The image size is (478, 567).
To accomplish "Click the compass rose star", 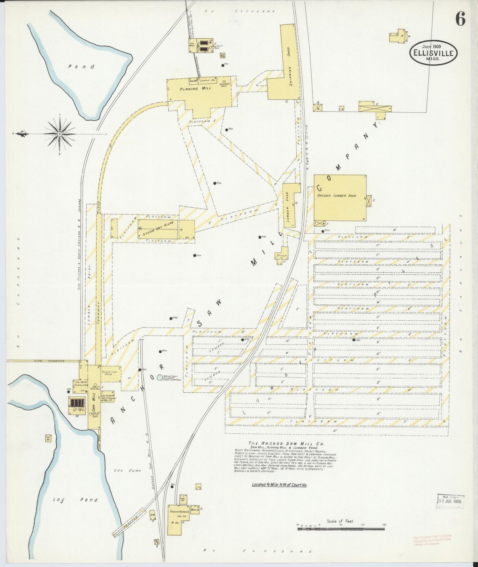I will coord(60,134).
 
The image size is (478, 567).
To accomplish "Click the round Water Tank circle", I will coord(160,377).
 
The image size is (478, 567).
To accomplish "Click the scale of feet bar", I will coord(341,529).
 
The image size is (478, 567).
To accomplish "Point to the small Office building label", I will coord(280,256).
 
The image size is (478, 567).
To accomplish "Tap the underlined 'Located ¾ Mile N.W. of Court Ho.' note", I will coord(279,485).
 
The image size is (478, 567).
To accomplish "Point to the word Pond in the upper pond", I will coord(81,66).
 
